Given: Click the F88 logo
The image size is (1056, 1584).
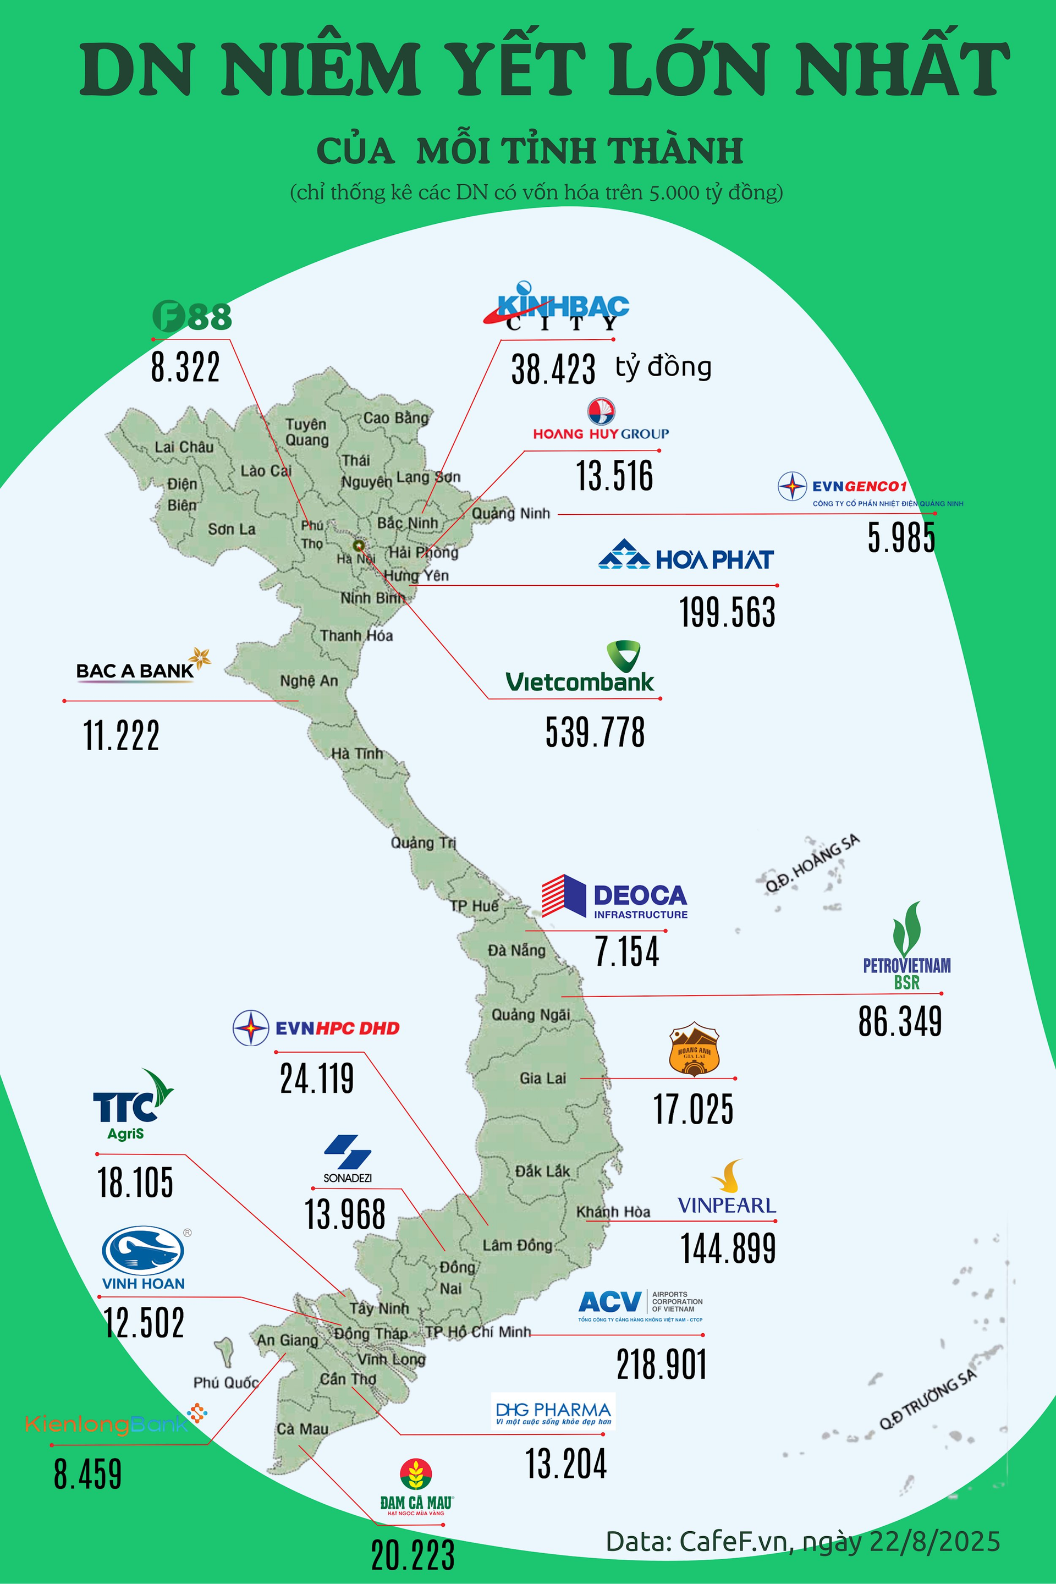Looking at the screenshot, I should tap(192, 316).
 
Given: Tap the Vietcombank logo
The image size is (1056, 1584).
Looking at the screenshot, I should tap(580, 668).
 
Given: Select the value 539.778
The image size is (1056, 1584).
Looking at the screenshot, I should tap(595, 732).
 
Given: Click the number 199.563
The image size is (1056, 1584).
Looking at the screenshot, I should tap(727, 612).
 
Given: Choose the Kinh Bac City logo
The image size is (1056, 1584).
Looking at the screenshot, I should tap(557, 309).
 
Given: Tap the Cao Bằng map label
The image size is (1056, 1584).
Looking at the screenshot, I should tap(395, 418).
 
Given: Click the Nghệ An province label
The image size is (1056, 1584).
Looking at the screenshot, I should tap(309, 681).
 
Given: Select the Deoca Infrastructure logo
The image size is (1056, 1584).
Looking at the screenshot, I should tap(614, 897).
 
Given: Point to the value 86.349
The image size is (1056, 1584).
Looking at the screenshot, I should tap(900, 1021).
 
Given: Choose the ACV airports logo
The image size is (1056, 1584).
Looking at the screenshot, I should tap(640, 1305).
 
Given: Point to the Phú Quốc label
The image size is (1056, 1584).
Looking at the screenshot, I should tap(226, 1383).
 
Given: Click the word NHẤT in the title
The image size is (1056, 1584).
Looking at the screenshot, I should tap(903, 69).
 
